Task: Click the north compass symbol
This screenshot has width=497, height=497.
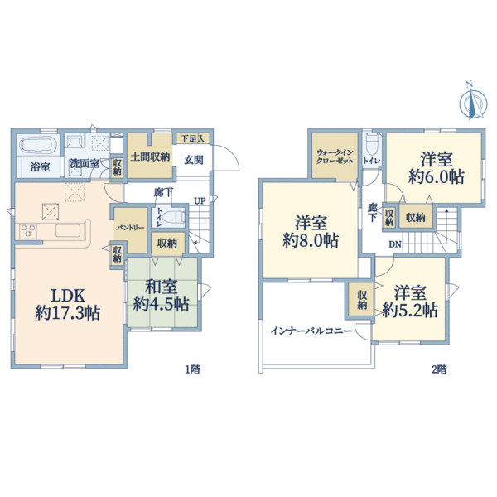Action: pos(473,102)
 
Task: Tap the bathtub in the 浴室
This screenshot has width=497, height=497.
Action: pos(38,146)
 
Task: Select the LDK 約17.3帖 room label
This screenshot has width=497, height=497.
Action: pos(68,305)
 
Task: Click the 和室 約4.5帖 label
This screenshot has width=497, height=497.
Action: pos(162,296)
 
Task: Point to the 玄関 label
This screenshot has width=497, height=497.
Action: pos(193,160)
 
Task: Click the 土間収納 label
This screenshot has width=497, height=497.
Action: pos(150,157)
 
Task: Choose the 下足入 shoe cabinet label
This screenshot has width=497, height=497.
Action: pos(192,138)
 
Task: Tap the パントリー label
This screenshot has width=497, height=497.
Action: pos(130,228)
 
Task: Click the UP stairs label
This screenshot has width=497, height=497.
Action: pos(200,201)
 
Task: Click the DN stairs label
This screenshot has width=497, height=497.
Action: pos(395,244)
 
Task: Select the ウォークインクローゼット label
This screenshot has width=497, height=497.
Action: pos(335,157)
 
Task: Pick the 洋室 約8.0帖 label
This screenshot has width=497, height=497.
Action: pos(311,231)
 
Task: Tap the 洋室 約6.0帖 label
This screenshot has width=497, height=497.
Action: pos(437,168)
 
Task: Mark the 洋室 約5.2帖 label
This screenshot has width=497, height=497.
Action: pos(410,302)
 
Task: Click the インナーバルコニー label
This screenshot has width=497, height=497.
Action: pos(311,331)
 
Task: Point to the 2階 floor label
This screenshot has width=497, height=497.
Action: pos(439,369)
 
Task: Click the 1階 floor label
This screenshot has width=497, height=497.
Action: pos(192,369)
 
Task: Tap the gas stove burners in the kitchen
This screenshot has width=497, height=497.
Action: pos(28,231)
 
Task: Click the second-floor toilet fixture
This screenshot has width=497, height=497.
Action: pos(371,145)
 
